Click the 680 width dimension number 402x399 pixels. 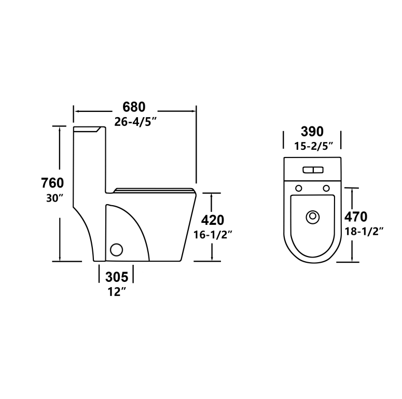(x=134, y=107)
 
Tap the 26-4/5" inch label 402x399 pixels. (x=135, y=122)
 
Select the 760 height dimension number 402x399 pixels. (x=52, y=183)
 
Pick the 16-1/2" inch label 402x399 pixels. (x=213, y=235)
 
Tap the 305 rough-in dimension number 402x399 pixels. (x=117, y=277)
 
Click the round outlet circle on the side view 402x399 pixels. (x=117, y=250)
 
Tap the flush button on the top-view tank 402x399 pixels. (x=312, y=170)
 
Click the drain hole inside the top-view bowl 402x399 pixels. (x=312, y=217)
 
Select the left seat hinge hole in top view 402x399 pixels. (x=298, y=188)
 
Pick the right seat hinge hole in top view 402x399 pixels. (x=326, y=188)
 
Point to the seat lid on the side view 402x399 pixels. (x=153, y=190)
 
